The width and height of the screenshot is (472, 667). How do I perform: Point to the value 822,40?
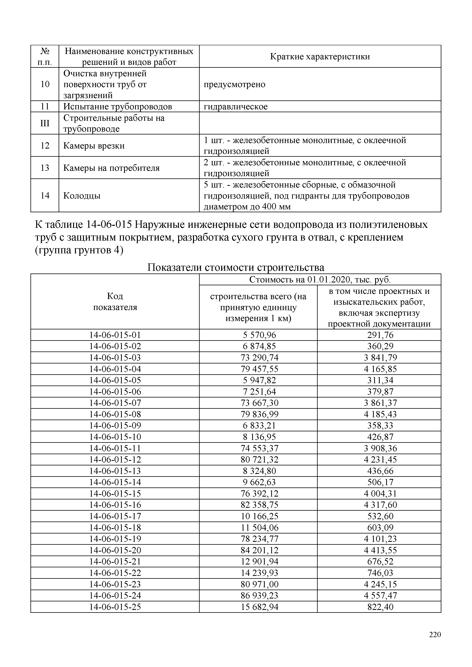380,607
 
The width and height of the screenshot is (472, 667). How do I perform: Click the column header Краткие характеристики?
320,56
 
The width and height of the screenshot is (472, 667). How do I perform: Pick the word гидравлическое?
235,107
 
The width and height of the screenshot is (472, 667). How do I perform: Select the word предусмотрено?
234,84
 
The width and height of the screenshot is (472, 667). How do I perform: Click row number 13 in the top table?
45,168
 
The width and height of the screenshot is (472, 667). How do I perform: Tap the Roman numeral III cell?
45,123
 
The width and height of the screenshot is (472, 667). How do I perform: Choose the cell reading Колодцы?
82,196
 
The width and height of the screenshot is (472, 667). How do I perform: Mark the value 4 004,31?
380,494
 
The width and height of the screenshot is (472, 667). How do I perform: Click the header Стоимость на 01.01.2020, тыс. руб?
320,279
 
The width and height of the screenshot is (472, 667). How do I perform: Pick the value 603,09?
380,528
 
